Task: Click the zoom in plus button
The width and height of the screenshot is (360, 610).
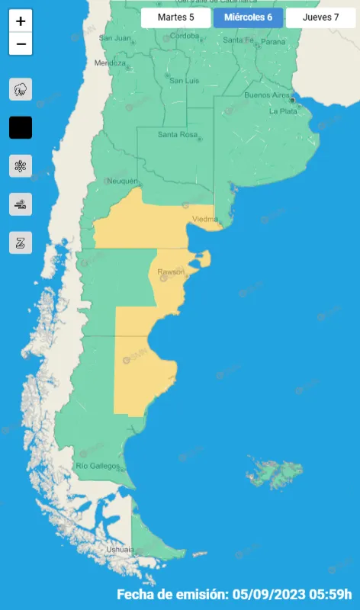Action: pyautogui.click(x=21, y=21)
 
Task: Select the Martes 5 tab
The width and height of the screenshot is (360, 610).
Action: pyautogui.click(x=175, y=18)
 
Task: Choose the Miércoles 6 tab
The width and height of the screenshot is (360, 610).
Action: pyautogui.click(x=248, y=18)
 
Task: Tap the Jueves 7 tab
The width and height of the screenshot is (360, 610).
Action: pyautogui.click(x=320, y=18)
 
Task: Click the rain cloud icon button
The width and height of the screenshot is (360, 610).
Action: pyautogui.click(x=21, y=89)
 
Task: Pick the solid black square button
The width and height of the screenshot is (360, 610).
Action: pyautogui.click(x=21, y=127)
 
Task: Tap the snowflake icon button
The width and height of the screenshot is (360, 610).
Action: pyautogui.click(x=21, y=165)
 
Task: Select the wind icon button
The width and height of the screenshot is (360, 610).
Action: pyautogui.click(x=21, y=204)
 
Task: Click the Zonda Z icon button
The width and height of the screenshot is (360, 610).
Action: pyautogui.click(x=21, y=242)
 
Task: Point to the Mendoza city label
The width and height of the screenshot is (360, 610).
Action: pyautogui.click(x=110, y=63)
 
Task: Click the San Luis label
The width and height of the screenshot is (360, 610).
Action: pyautogui.click(x=184, y=80)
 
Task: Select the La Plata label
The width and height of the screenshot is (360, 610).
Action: pyautogui.click(x=283, y=111)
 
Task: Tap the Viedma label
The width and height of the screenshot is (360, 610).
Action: pyautogui.click(x=205, y=219)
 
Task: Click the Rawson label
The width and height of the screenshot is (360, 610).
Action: pyautogui.click(x=171, y=271)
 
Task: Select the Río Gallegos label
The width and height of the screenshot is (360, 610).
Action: pyautogui.click(x=98, y=465)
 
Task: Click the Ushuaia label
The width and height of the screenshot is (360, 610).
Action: pyautogui.click(x=121, y=549)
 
